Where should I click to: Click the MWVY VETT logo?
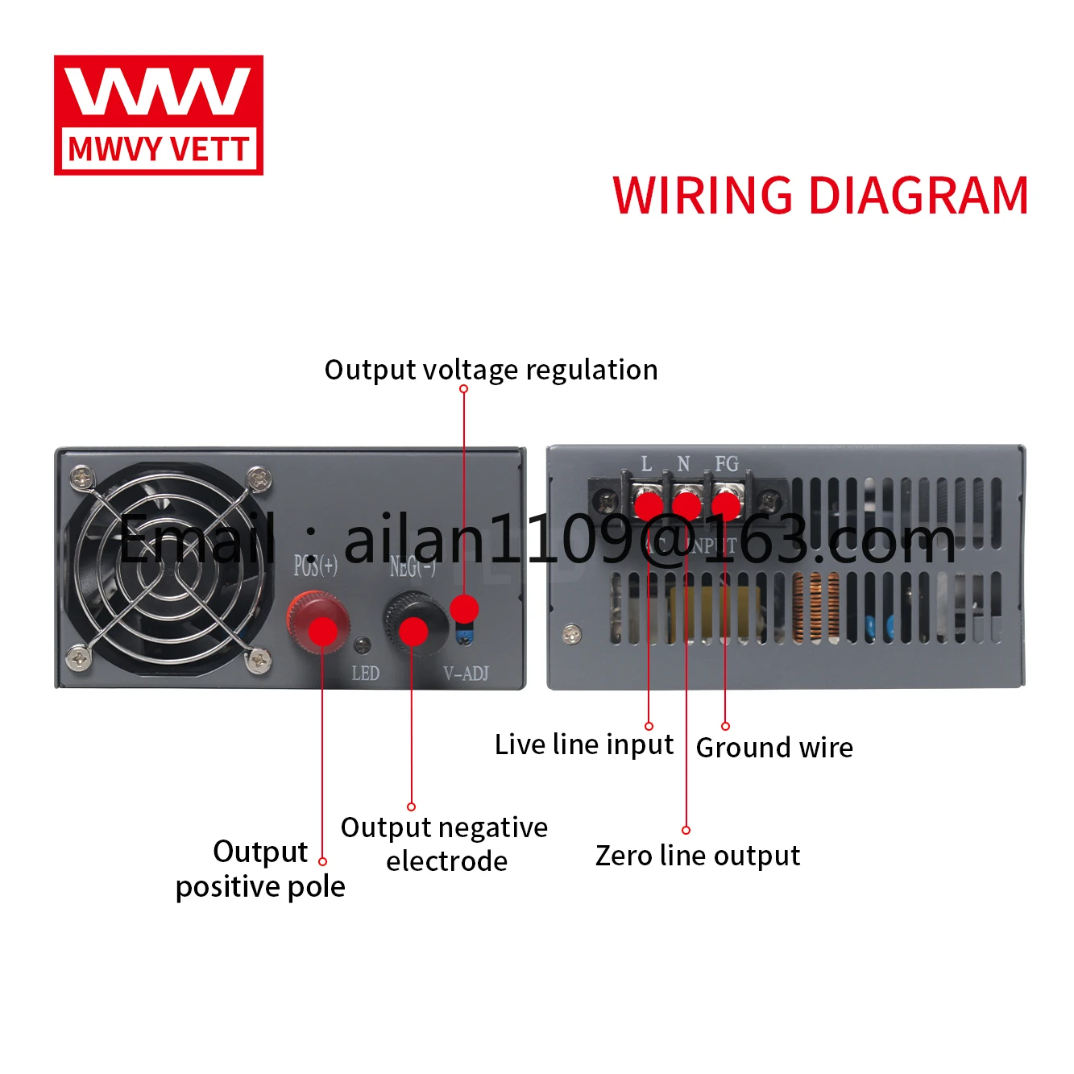(159, 114)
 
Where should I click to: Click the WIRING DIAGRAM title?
(820, 196)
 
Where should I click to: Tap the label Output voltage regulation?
(491, 370)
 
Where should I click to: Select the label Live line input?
(583, 744)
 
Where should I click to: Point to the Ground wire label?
(774, 748)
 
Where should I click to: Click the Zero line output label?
(698, 856)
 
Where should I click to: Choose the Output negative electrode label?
(445, 844)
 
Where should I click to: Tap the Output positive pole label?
(260, 869)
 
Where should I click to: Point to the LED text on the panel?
(365, 674)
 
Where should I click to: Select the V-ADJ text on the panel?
(466, 674)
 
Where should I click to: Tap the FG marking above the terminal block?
(726, 464)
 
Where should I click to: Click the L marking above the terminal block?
(646, 464)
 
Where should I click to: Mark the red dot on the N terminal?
(686, 506)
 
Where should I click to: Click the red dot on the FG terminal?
(725, 505)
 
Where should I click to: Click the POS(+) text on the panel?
(315, 566)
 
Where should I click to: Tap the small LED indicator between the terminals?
(363, 645)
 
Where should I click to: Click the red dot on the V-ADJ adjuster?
(464, 608)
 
